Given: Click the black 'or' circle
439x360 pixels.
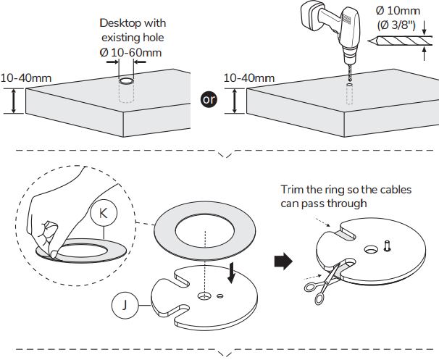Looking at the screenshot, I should pos(209,99).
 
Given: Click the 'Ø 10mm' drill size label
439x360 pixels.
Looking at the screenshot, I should pos(397,11).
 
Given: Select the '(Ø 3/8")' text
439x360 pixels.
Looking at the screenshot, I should pos(398,25).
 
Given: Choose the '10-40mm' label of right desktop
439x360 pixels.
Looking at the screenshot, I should pos(248,77).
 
